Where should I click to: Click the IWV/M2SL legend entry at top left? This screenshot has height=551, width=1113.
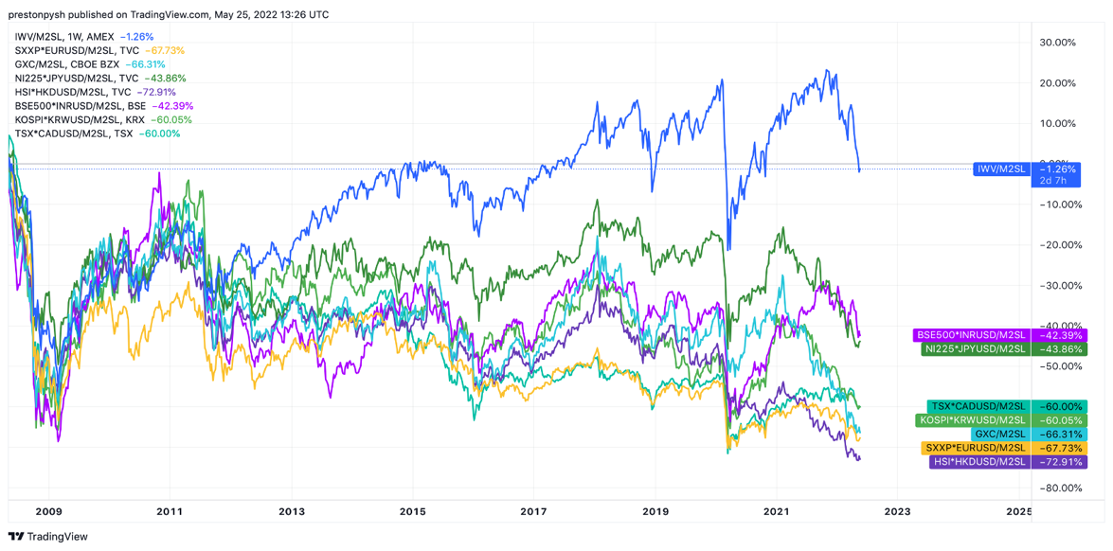coord(64,37)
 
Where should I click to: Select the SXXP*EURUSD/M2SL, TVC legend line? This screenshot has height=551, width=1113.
coord(77,50)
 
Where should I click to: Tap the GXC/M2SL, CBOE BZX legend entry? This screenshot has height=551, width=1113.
coord(67,64)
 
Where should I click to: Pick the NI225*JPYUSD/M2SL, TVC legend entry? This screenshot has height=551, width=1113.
coord(77,79)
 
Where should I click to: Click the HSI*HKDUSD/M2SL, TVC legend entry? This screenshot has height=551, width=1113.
coord(73,92)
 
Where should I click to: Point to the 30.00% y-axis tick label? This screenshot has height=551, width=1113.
coord(1057,43)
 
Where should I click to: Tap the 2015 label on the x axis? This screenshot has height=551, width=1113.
coord(413,512)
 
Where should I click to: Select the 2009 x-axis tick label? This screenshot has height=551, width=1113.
coord(48,512)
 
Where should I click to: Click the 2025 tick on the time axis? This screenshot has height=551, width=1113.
coord(1018,512)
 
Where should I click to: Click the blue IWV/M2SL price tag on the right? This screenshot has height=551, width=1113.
coord(1001,169)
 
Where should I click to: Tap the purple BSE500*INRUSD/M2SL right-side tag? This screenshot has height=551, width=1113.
coord(972,335)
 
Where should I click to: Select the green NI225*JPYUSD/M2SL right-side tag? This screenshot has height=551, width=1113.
coord(976,349)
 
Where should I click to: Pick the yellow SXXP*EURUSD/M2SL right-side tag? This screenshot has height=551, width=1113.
coord(976,448)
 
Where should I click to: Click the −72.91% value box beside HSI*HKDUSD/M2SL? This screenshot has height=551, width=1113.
coord(1060,462)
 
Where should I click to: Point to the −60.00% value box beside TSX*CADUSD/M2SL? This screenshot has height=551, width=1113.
coord(1060,406)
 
